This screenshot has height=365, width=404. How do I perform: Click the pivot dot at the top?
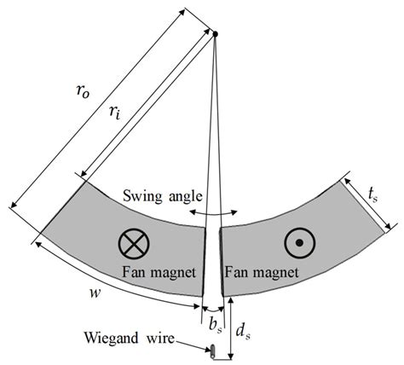[215, 34]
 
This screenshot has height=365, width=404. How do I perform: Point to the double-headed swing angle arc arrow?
[212, 211]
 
